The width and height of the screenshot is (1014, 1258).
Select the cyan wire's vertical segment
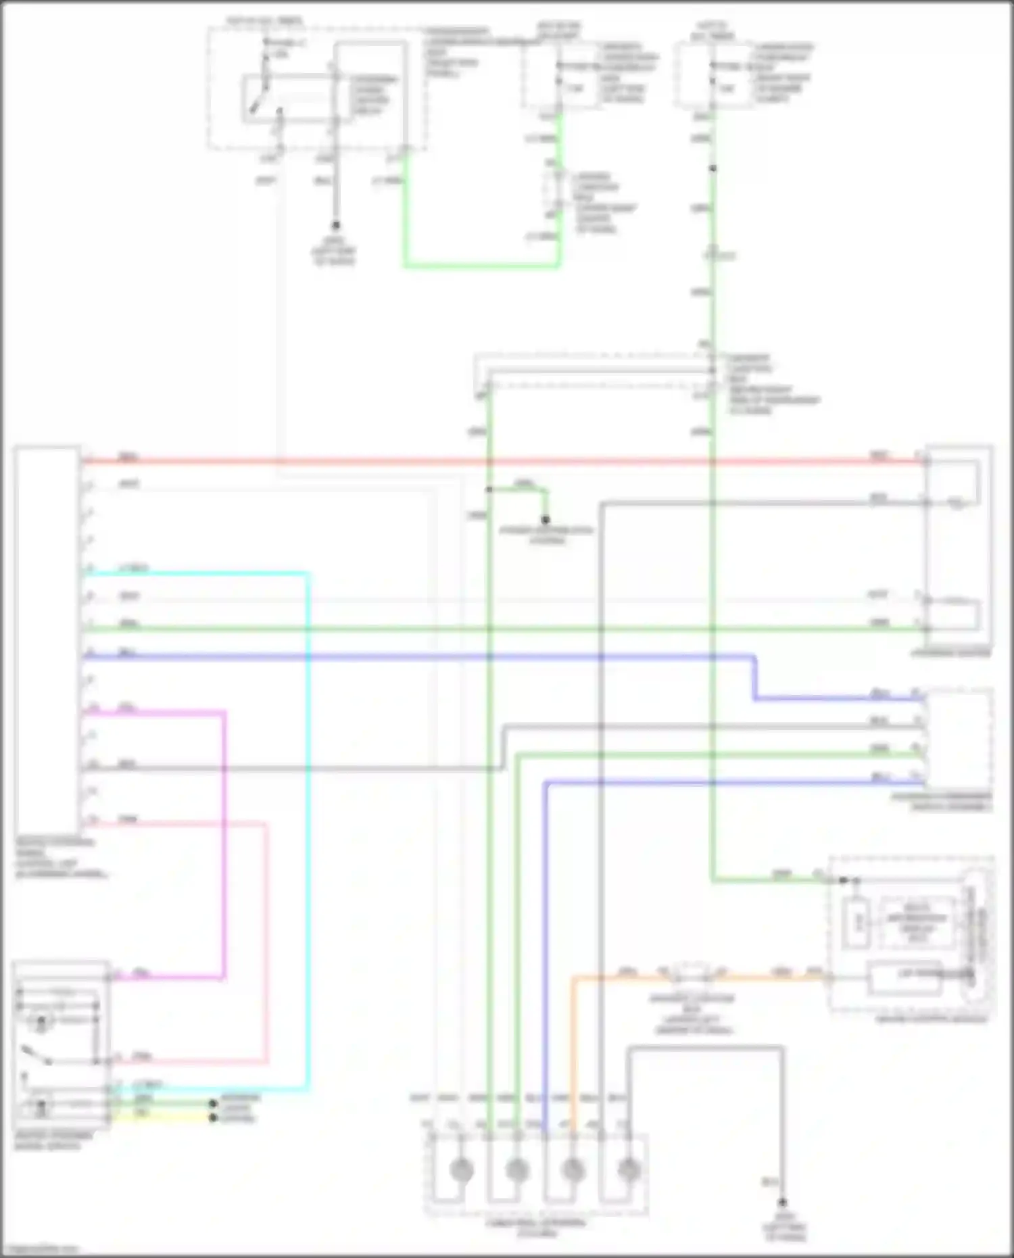pyautogui.click(x=308, y=811)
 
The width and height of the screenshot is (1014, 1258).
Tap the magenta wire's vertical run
pyautogui.click(x=224, y=845)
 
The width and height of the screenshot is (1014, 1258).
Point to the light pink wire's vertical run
pyautogui.click(x=266, y=946)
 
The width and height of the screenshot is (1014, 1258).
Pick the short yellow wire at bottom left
pyautogui.click(x=162, y=1119)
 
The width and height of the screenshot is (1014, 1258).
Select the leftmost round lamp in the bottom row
pyautogui.click(x=462, y=1169)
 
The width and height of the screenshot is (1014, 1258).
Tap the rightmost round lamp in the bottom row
pyautogui.click(x=629, y=1169)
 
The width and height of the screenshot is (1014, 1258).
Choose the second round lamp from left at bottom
pyautogui.click(x=517, y=1169)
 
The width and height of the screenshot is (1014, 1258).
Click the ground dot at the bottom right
pyautogui.click(x=782, y=1203)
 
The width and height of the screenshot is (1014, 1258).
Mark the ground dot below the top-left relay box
pyautogui.click(x=335, y=226)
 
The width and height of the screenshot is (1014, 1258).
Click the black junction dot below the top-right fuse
pyautogui.click(x=713, y=168)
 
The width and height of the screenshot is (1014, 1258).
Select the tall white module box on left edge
pyautogui.click(x=46, y=635)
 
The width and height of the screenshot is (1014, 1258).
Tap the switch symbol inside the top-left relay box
pyautogui.click(x=260, y=98)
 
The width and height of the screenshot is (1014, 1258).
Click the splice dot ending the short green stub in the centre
pyautogui.click(x=546, y=520)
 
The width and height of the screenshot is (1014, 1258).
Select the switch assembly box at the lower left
pyautogui.click(x=61, y=1044)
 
